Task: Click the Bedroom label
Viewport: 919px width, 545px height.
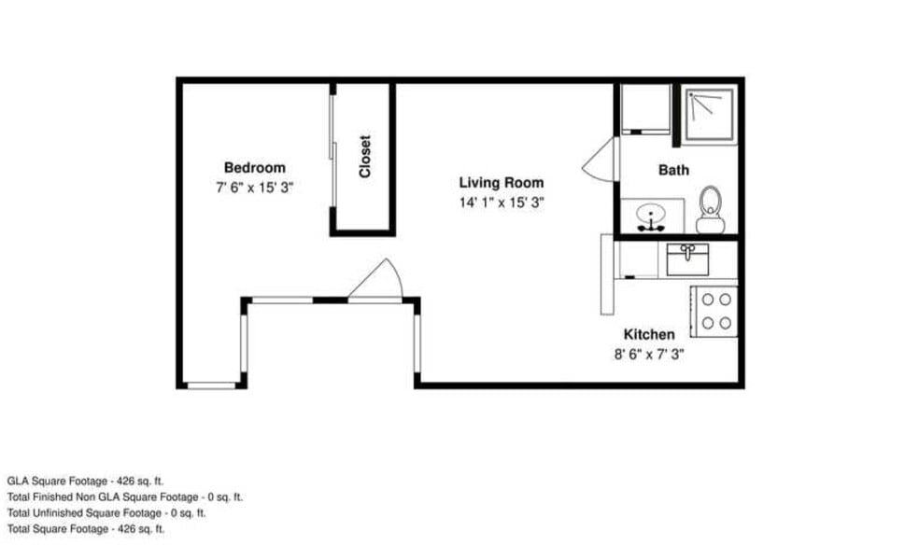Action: click(x=254, y=168)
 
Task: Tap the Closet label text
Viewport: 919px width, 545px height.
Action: click(x=364, y=156)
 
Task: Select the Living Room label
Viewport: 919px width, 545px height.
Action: click(x=502, y=183)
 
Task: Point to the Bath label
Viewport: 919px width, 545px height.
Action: click(x=673, y=171)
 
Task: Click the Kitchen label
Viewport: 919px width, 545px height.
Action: click(x=649, y=334)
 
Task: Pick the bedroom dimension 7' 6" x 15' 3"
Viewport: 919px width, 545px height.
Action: click(x=254, y=188)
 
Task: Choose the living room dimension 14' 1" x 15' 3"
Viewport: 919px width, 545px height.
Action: click(x=502, y=203)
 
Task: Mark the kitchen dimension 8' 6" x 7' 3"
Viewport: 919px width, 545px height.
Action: click(x=649, y=355)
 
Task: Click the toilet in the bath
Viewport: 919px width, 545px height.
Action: click(x=711, y=210)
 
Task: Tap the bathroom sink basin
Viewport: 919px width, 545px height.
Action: click(x=651, y=215)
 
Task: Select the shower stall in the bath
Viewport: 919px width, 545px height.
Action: click(x=710, y=116)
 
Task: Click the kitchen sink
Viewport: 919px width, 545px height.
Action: click(x=687, y=259)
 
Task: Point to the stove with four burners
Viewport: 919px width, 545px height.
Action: click(x=714, y=312)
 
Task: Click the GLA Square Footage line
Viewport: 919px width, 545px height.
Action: click(x=86, y=482)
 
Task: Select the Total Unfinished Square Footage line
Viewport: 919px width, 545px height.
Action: click(x=106, y=512)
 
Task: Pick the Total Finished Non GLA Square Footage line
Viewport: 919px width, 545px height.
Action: click(x=125, y=497)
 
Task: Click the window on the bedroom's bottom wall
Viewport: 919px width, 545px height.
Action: click(x=211, y=385)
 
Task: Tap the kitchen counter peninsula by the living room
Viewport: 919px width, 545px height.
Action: click(x=607, y=274)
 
